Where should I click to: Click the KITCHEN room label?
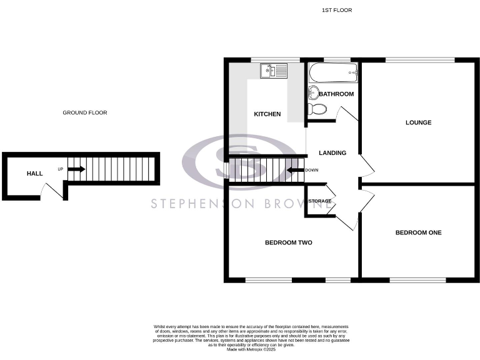pos(267,114)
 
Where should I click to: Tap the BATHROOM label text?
pos(337,94)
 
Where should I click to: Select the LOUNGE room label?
pos(418,122)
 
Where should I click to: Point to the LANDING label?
pos(332,152)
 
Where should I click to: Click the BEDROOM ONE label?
pos(418,232)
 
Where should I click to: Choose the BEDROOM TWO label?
pos(288,242)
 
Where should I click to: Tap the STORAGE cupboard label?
pos(320,201)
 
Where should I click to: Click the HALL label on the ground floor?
pos(34,173)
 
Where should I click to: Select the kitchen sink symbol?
pos(273,71)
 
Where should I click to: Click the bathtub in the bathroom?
pos(333,73)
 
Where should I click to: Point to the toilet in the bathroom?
pos(317,109)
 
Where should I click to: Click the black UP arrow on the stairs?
pos(76,169)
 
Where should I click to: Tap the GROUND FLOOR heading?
pos(85,113)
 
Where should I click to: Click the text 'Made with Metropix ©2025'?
pos(251,349)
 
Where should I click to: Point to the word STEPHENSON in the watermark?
pos(194,204)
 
